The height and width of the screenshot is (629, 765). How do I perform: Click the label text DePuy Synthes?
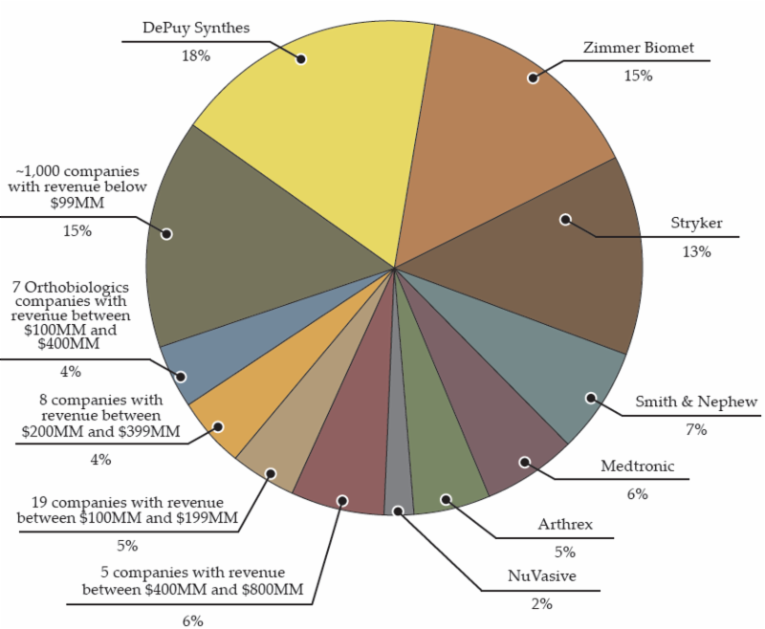click(196, 28)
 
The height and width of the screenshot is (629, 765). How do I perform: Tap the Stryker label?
click(696, 224)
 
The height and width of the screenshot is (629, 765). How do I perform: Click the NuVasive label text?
click(538, 577)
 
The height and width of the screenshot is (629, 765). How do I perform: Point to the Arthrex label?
click(565, 525)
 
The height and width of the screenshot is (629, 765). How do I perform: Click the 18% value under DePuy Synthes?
click(195, 55)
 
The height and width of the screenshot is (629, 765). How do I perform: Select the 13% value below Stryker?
click(696, 251)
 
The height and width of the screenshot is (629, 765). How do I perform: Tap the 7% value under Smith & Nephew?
click(696, 429)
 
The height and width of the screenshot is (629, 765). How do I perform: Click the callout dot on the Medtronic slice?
click(525, 462)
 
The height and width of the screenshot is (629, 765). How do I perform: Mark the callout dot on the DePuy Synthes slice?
click(301, 58)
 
